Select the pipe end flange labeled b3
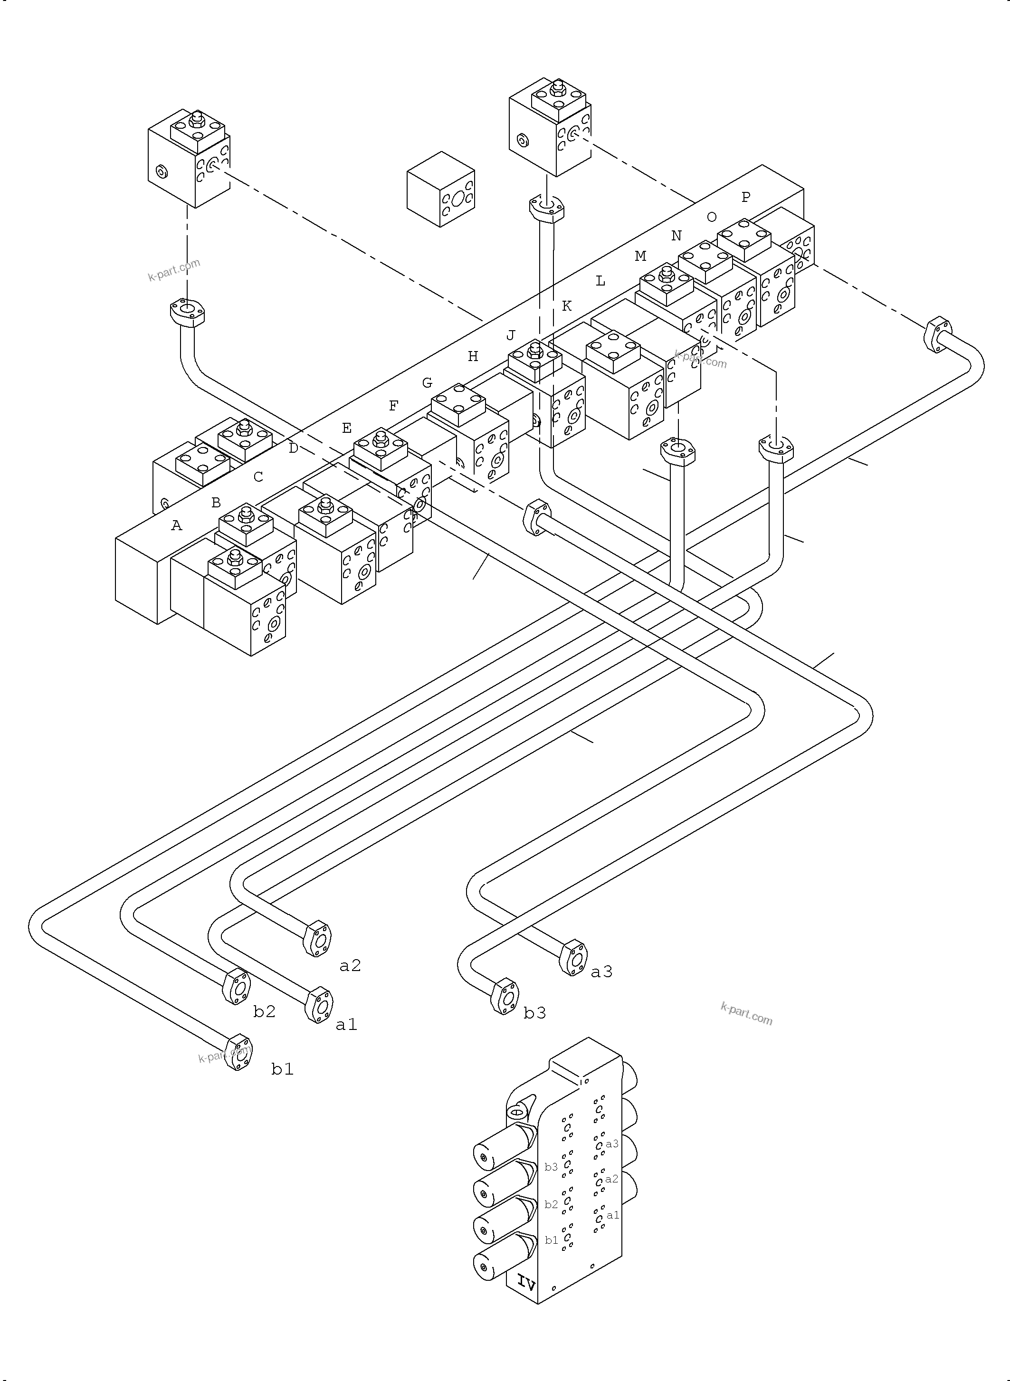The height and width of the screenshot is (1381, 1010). pos(505,997)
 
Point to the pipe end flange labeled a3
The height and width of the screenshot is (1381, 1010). pos(573,957)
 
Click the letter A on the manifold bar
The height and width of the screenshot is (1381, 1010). pos(177,525)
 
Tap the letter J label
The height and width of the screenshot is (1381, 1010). pos(511,335)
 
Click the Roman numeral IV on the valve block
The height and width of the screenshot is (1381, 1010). pos(526,1282)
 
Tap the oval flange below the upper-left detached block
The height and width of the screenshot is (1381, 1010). pos(187,311)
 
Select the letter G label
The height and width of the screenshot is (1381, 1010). pos(428,383)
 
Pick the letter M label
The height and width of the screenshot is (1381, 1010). pos(640,256)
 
